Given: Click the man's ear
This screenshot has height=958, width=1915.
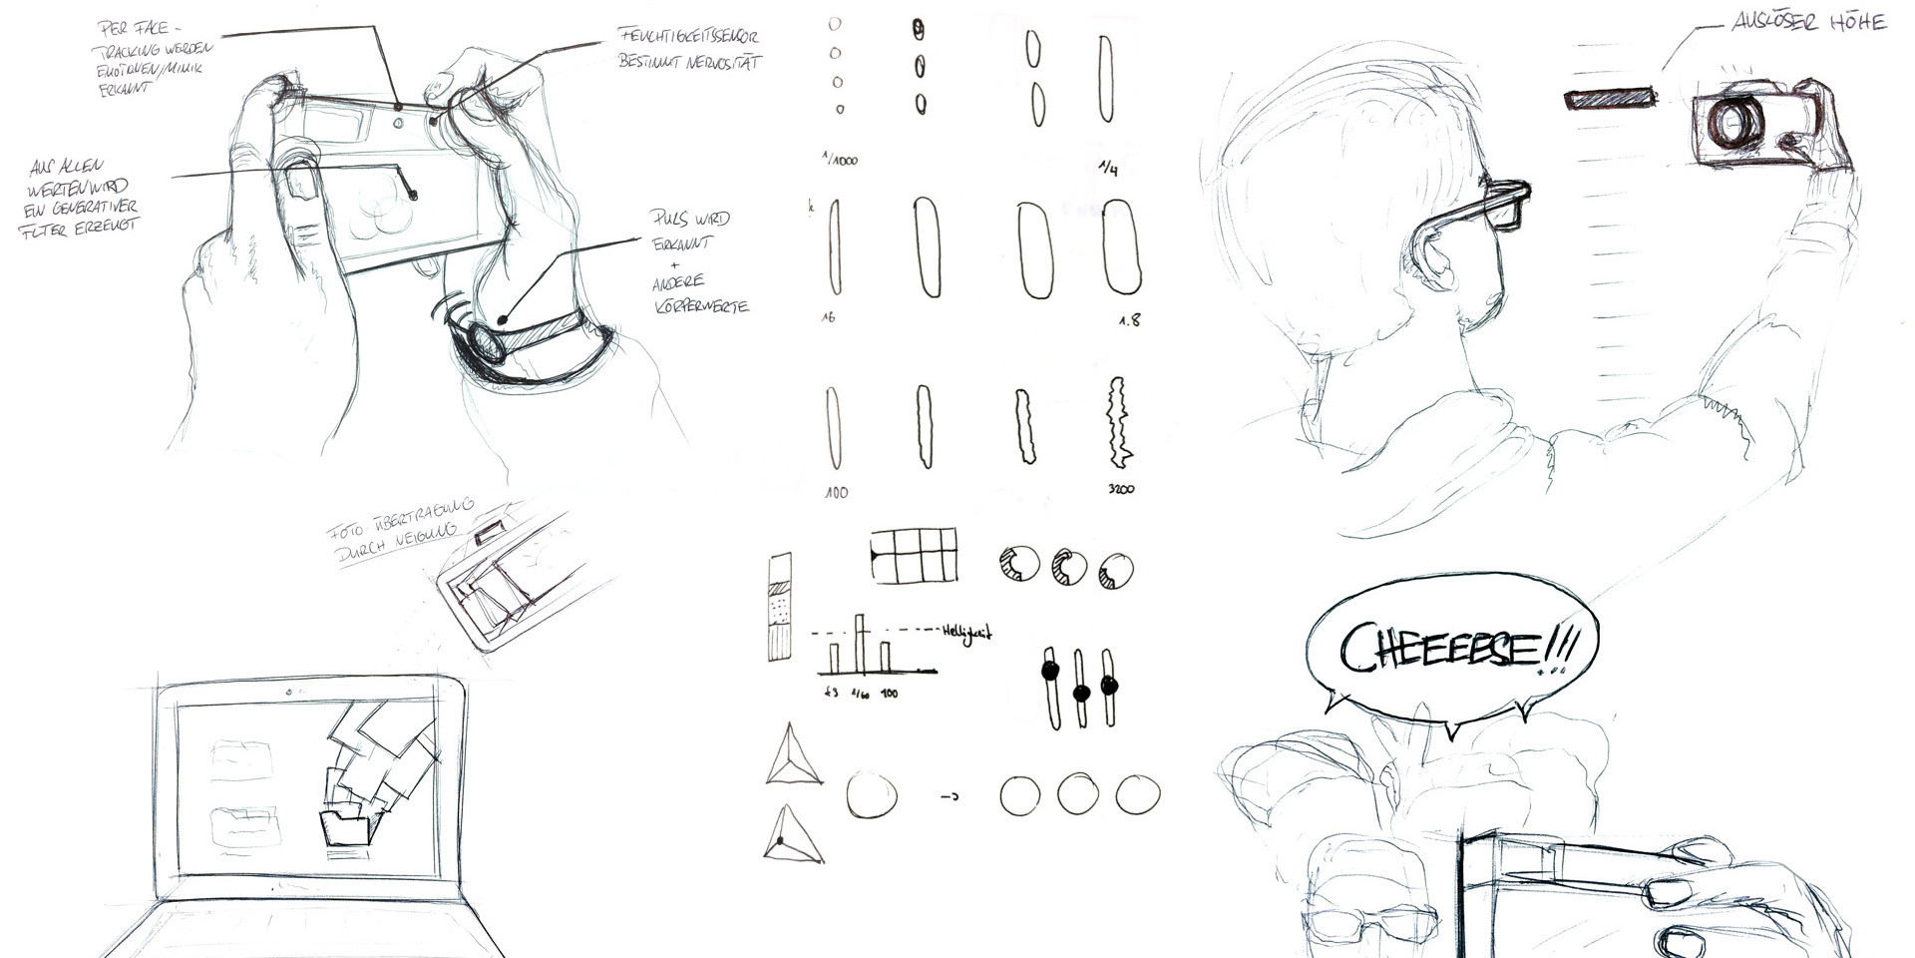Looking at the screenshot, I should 1434,258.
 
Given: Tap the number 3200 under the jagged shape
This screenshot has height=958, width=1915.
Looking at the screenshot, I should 1120,489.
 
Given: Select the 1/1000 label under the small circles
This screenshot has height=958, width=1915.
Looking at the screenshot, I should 840,159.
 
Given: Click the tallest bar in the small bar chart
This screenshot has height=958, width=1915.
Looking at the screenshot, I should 860,643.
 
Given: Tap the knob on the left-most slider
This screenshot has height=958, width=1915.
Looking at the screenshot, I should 1049,672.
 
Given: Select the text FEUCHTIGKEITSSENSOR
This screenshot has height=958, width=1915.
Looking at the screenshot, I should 689,37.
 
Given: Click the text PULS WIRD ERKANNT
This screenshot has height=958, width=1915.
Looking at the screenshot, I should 689,231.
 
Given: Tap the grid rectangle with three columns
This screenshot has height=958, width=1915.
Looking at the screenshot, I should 914,555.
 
